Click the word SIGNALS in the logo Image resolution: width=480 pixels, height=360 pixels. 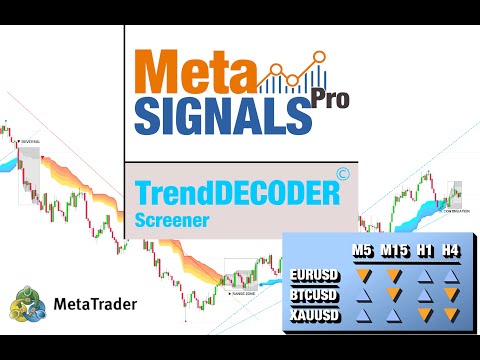(219, 116)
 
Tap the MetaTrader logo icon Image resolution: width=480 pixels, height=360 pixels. (27, 304)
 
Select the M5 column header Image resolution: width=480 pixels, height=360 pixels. (366, 250)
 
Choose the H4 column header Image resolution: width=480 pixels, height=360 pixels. (452, 250)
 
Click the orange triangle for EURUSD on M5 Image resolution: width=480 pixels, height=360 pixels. (366, 275)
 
